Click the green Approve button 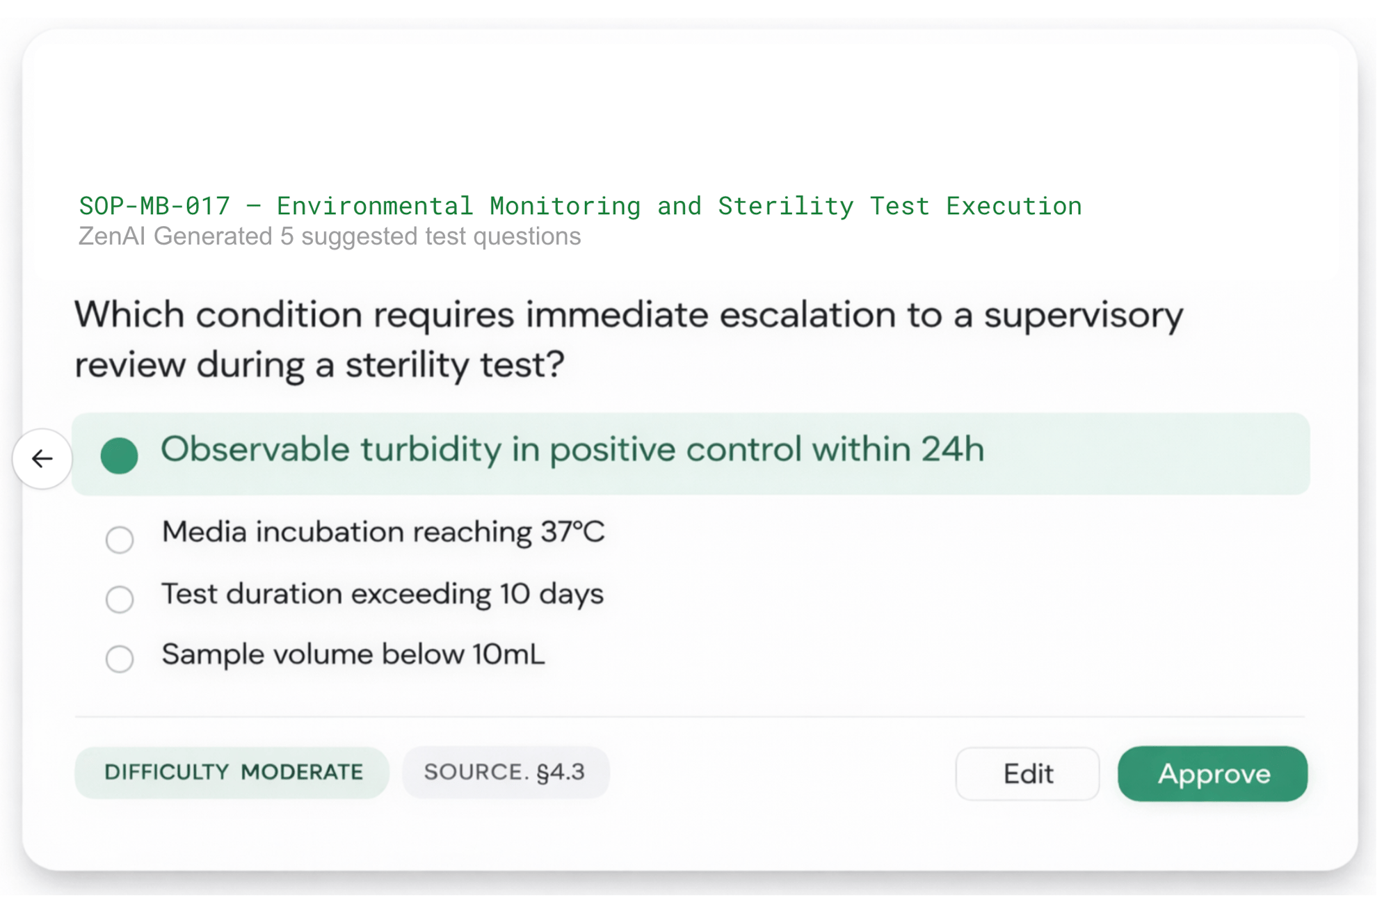pos(1212,773)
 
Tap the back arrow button pos(42,458)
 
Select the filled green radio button pos(119,456)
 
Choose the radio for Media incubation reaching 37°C pos(120,539)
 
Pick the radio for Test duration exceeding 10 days pos(120,599)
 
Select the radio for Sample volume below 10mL pos(120,659)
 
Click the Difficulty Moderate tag pos(232,772)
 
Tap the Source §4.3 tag pos(505,772)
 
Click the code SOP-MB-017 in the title pos(154,206)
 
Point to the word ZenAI pos(111,236)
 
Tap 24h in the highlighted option pos(952,450)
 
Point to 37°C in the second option pos(572,532)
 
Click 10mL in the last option pos(508,654)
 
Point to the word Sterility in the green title pos(785,206)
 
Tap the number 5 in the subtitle pos(287,236)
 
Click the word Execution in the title pos(1013,206)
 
